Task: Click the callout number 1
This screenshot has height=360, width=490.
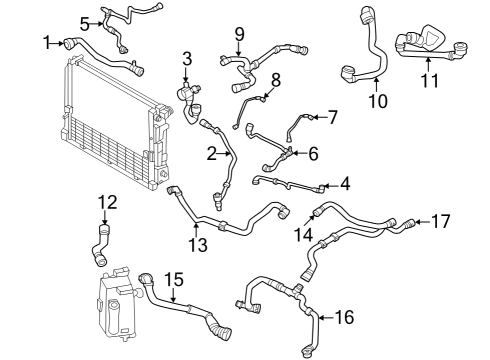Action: pyautogui.click(x=46, y=41)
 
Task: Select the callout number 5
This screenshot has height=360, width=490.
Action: pyautogui.click(x=86, y=22)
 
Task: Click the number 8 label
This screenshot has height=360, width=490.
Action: pyautogui.click(x=275, y=78)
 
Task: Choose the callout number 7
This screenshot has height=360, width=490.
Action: pyautogui.click(x=333, y=117)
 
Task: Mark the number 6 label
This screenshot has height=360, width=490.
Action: pyautogui.click(x=313, y=153)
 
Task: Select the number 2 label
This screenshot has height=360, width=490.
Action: pyautogui.click(x=211, y=153)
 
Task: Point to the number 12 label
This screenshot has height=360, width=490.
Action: pyautogui.click(x=107, y=204)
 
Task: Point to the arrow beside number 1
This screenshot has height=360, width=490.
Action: pyautogui.click(x=60, y=41)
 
